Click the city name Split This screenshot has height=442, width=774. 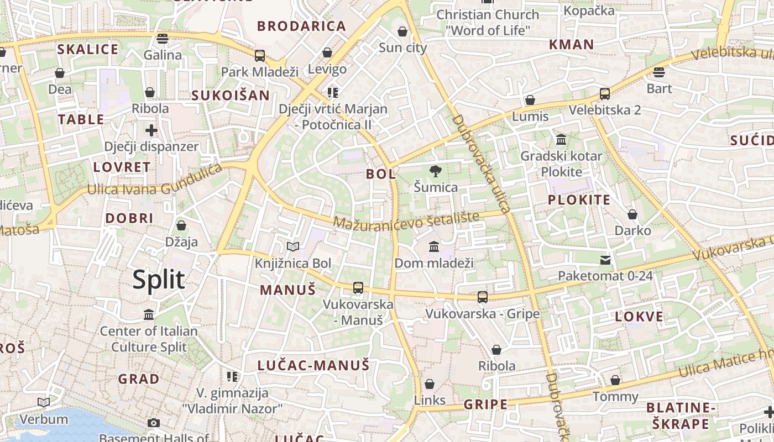[x=159, y=280]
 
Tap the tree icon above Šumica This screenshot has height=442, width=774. [x=436, y=171]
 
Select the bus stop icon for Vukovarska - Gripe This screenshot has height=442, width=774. [x=483, y=297]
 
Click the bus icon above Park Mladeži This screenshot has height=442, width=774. [x=260, y=56]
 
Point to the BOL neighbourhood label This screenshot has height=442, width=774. [x=381, y=174]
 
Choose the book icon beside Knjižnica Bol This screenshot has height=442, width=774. [x=293, y=247]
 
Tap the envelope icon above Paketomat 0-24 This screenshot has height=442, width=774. [x=605, y=260]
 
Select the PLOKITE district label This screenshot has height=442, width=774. [x=579, y=200]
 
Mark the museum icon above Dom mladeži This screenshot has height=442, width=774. [x=434, y=246]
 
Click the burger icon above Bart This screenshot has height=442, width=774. [x=658, y=72]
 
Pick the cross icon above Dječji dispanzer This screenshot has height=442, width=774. [x=151, y=131]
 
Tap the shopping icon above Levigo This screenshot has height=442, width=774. [x=327, y=53]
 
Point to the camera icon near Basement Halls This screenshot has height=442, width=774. [x=154, y=423]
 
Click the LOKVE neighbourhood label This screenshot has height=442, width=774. [x=639, y=317]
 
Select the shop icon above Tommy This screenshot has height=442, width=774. [x=615, y=380]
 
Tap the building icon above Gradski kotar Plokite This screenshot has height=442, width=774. [x=562, y=139]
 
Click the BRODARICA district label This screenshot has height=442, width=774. [x=301, y=26]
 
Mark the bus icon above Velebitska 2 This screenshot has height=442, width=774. [x=605, y=94]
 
